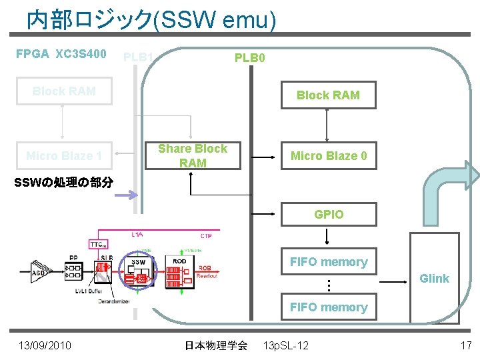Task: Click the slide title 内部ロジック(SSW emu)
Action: coord(151,21)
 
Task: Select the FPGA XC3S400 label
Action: coord(61,54)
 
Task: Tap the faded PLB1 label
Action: coord(139,57)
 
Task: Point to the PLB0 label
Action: coord(250,58)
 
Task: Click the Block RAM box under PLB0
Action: coord(327,95)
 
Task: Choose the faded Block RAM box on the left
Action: coord(64,91)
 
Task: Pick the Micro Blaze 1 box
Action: coord(64,156)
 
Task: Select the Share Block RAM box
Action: coord(193,155)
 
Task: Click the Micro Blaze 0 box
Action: coord(329,156)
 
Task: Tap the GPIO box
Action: coord(329,214)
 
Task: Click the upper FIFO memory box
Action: coord(328,262)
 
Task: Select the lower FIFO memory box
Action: coord(328,307)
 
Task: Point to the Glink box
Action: coord(434,278)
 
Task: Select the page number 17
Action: coord(466,345)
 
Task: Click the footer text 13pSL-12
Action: coord(286,345)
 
